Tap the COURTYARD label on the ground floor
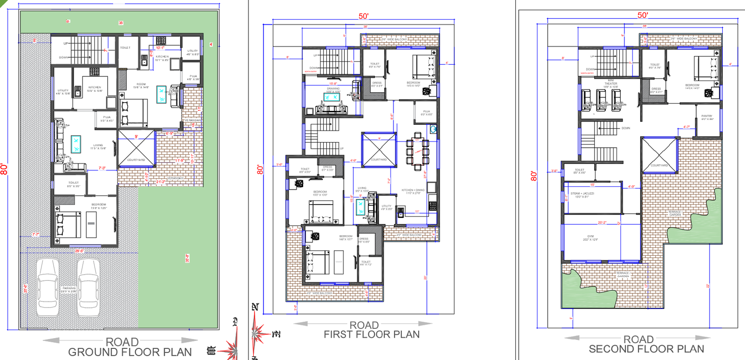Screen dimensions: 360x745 point(136,160)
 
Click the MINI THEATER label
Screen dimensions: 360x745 point(610,83)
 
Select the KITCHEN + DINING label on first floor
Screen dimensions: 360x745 point(413,191)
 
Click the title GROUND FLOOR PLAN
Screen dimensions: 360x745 point(130,352)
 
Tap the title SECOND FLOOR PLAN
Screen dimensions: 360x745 point(646,349)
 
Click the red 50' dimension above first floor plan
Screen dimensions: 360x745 point(363,16)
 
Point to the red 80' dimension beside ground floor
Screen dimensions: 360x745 point(4,169)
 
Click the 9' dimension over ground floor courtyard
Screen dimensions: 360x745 point(136,136)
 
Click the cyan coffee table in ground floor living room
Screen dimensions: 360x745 point(75,144)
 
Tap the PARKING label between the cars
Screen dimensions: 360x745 point(69,289)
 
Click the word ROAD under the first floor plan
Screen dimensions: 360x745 point(364,325)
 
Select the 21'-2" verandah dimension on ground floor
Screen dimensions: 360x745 point(161,182)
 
